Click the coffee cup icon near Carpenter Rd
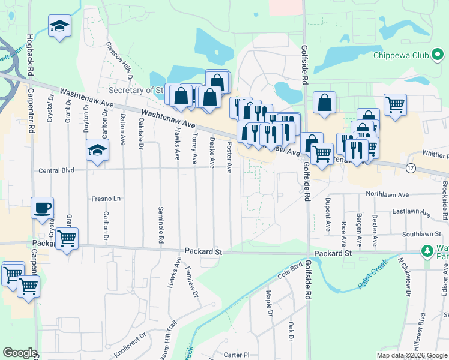pos(43,208)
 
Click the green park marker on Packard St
pos(427,250)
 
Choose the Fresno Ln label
pos(106,199)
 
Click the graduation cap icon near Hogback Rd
pos(59,26)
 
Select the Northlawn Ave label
pos(387,194)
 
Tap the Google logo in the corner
pos(20,353)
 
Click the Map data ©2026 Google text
pos(412,355)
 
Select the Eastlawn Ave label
pos(411,212)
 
